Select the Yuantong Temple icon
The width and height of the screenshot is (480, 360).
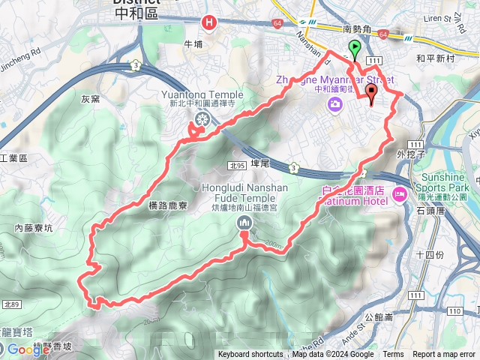coord(202,119)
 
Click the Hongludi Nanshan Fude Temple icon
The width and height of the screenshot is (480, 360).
coord(244,223)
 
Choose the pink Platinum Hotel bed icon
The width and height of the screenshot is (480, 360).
coord(399,195)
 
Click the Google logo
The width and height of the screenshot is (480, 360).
coord(28,349)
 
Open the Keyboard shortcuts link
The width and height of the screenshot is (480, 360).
coord(250,355)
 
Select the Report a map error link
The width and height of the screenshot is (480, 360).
coord(445,355)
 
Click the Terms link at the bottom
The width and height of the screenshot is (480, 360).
coord(393,355)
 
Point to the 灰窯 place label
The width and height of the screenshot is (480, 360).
coord(91,98)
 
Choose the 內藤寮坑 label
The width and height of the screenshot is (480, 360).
coord(33,227)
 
